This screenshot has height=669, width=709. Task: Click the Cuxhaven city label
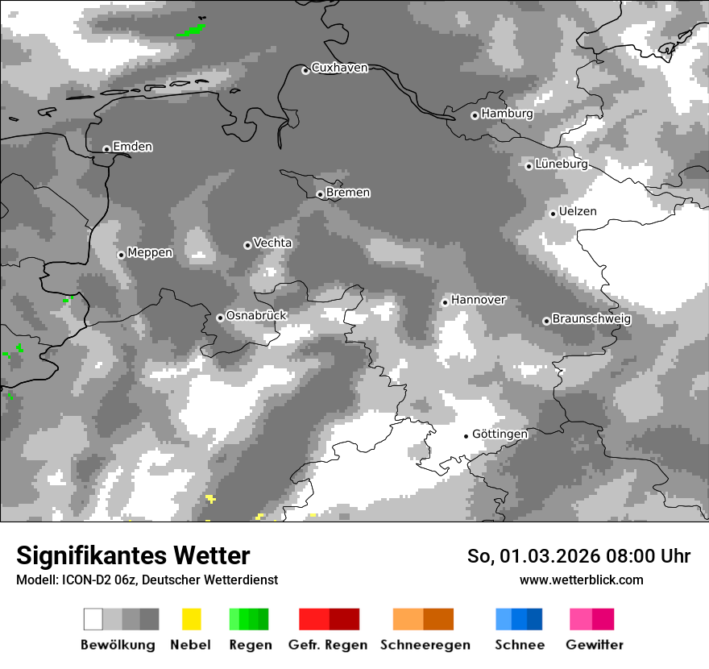point(339,68)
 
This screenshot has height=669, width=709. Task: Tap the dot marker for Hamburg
point(475,115)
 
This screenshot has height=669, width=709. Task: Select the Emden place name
point(132,147)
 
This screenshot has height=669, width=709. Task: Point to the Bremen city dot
point(320,194)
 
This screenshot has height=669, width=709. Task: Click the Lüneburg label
point(562,164)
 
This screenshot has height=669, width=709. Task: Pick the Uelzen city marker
point(553,214)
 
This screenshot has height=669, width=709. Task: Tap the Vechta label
point(272,243)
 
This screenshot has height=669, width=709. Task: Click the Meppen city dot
point(121,255)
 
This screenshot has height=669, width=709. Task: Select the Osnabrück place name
point(256,315)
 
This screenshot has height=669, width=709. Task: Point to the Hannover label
point(479,300)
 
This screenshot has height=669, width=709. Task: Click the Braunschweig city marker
point(546,321)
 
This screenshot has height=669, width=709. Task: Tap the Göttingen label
point(500,434)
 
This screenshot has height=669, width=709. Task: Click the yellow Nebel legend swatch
point(191,619)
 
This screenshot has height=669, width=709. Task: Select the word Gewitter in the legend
point(594,645)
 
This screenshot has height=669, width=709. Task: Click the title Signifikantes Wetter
point(133,555)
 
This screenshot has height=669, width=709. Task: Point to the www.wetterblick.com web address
point(581,580)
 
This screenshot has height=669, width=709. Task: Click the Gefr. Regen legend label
point(328,645)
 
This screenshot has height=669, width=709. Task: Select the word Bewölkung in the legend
point(118,645)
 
